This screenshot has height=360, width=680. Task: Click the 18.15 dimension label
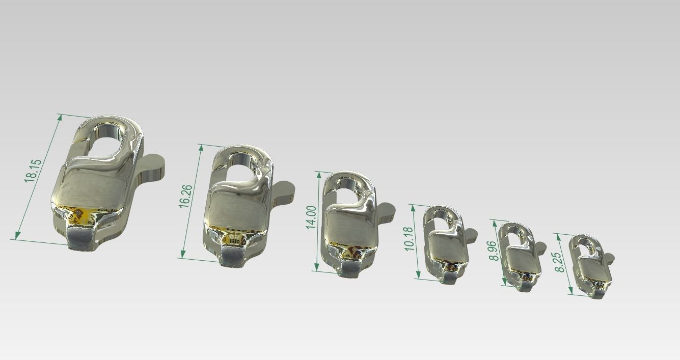point(33,171)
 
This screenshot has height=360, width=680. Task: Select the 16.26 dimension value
point(185,196)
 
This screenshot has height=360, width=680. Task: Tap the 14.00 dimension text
point(311,217)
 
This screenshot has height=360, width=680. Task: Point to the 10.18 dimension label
point(409,239)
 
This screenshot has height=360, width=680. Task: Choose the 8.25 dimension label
point(559,262)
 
